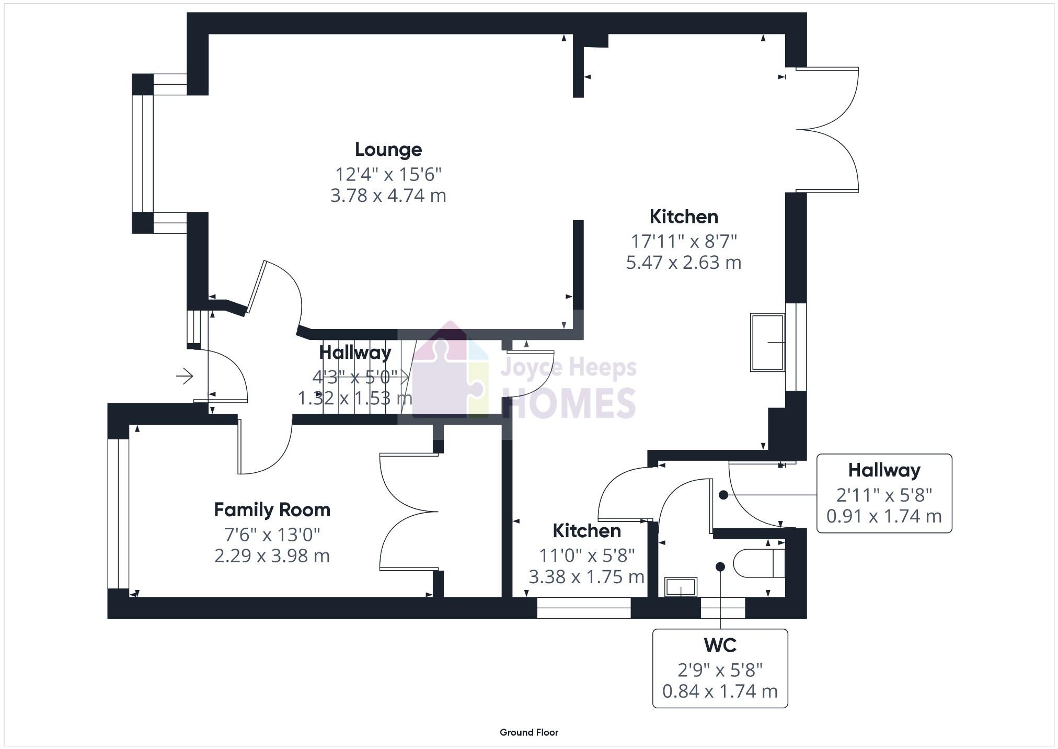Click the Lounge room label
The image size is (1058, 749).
point(388,150)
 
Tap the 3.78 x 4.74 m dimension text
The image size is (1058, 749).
point(388,196)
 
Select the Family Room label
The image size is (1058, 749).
point(272,509)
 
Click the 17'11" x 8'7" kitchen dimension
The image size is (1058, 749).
point(683,241)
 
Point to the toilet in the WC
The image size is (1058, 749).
point(758,563)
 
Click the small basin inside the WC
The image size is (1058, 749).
point(681,587)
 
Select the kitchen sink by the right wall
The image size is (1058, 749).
point(767,342)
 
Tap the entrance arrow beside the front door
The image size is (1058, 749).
point(185,376)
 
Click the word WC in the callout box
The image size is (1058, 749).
point(720,645)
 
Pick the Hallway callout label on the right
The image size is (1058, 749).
point(883,470)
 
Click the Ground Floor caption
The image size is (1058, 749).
point(528,732)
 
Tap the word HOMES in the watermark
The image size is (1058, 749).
point(569,403)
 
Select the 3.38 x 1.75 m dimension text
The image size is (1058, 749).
point(586,576)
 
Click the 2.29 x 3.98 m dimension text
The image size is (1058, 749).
point(272,555)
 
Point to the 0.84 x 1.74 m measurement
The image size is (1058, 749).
point(720,691)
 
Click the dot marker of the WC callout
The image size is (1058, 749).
point(720,566)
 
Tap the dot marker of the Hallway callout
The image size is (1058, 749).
point(723,495)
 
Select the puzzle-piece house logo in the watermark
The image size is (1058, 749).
point(450,371)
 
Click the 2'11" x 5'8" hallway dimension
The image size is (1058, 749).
point(883,494)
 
